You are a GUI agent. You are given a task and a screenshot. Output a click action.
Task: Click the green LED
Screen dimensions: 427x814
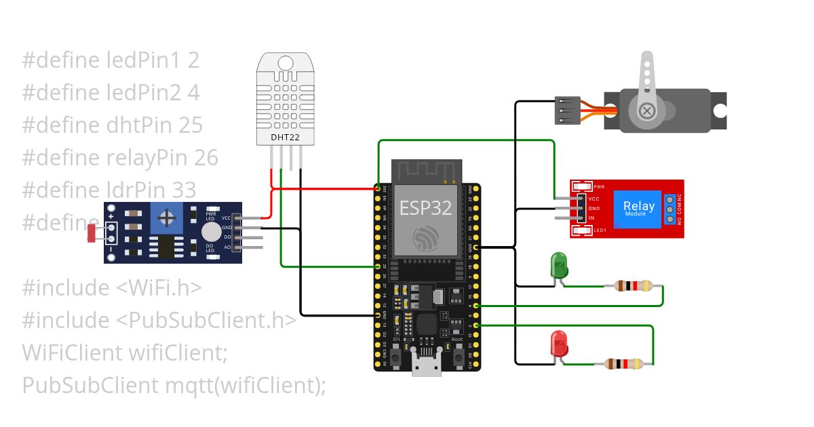pos(559,265)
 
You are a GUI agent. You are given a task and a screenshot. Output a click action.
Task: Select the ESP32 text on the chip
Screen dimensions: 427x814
pos(425,207)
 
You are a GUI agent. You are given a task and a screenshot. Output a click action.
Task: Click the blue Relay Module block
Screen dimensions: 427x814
pos(638,209)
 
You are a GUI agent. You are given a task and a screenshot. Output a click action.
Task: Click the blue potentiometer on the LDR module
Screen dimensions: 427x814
pos(165,218)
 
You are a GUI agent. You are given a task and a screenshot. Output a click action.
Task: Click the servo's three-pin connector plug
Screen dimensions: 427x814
pos(567,110)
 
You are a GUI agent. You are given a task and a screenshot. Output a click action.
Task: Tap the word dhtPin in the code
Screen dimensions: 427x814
pos(140,125)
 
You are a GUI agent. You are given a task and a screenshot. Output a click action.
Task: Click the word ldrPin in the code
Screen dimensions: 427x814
pos(138,189)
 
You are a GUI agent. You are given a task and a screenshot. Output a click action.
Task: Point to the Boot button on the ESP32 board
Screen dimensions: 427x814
pos(458,355)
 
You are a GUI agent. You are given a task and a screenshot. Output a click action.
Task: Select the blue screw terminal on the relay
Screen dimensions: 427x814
pos(670,209)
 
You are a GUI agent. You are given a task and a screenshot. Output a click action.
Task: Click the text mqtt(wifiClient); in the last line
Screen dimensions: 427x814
pos(246,385)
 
